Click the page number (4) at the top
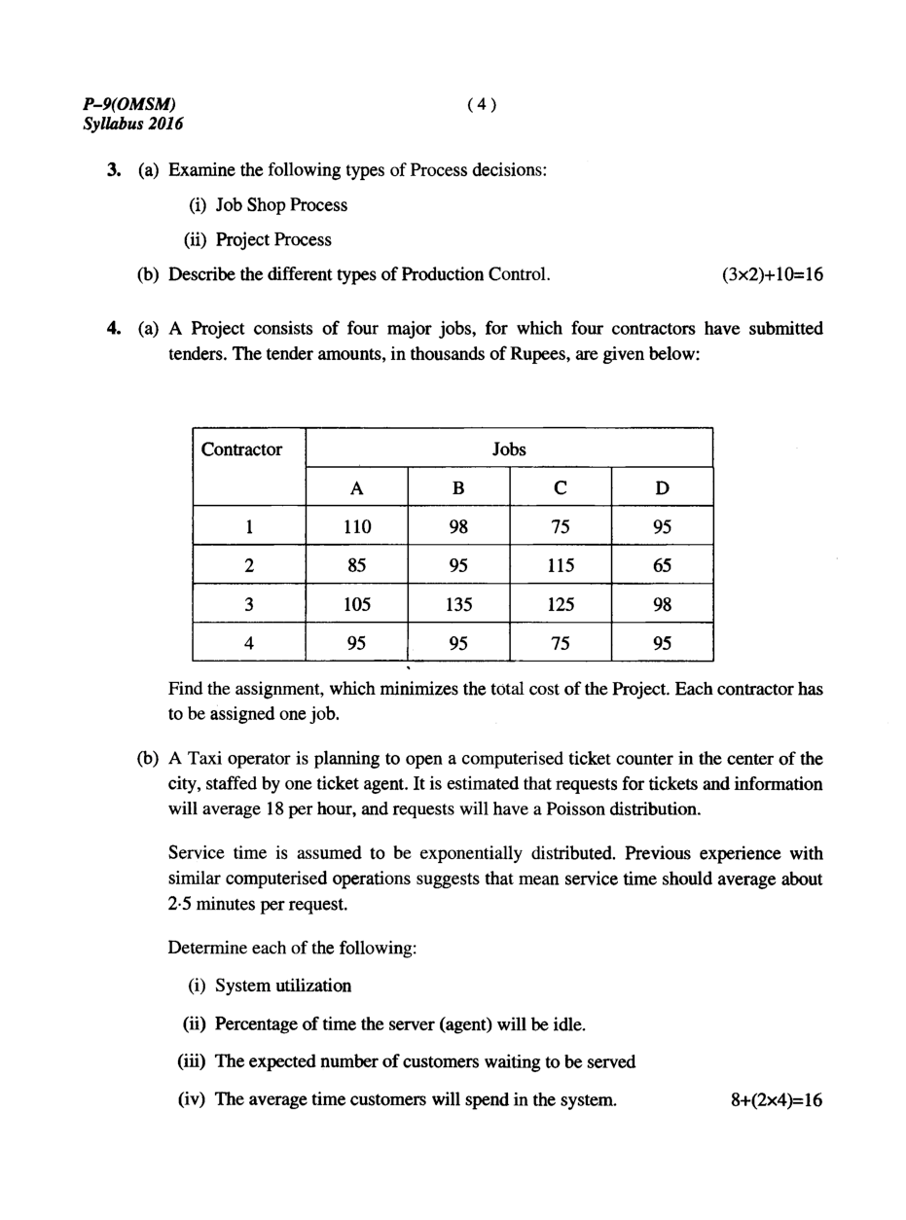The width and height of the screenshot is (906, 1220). coord(482,104)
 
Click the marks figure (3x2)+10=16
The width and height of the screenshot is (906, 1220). coord(773,274)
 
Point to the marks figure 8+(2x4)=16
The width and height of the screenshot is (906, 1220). coord(776,1100)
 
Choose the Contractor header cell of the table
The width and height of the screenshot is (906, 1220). coord(241,449)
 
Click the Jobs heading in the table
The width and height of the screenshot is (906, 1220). coord(509,449)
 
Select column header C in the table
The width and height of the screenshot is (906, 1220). coord(561,488)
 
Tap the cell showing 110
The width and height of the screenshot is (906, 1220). coord(357,527)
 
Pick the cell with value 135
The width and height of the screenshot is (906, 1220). coord(458,604)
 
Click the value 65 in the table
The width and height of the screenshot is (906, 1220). coord(663,565)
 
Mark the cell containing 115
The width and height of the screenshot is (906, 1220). coord(561,565)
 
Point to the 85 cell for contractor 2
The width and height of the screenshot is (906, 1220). coord(357,565)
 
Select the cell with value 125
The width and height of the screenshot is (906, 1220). coord(561,604)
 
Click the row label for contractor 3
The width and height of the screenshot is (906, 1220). coord(249,604)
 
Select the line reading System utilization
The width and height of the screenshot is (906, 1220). coord(283,986)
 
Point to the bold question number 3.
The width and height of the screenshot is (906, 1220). coord(113,170)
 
